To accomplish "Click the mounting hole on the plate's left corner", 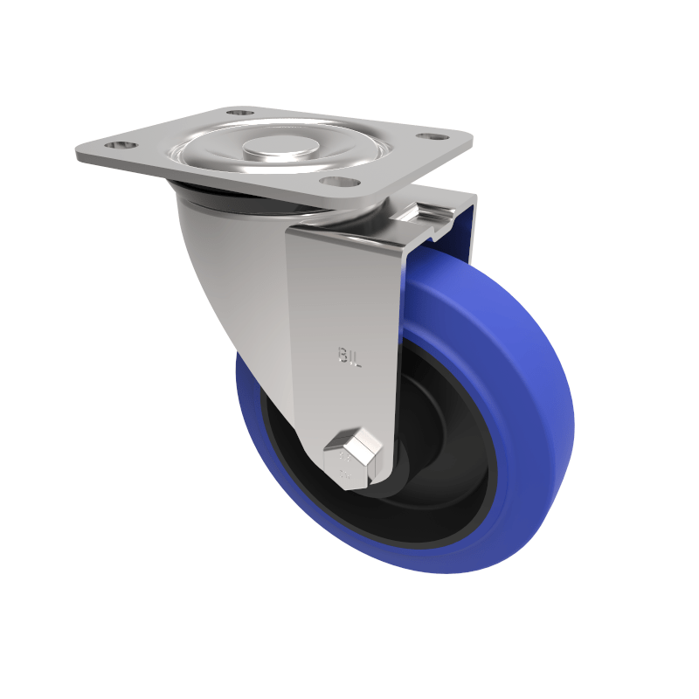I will coord(121,145).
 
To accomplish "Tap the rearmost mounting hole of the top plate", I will coord(239,113).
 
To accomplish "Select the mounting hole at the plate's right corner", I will coord(428,137).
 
